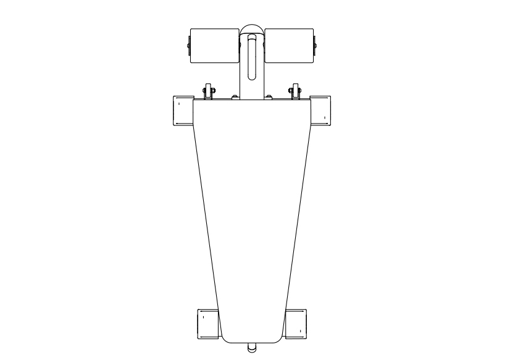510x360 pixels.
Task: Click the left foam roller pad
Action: point(214,46)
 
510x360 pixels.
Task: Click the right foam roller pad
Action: point(289,46)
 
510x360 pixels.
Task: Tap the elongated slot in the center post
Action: point(251,57)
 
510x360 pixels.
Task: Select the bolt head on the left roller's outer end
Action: point(186,44)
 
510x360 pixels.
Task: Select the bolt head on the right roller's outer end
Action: point(316,44)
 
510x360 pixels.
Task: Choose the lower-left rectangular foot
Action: point(206,323)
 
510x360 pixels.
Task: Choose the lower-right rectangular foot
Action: point(296,323)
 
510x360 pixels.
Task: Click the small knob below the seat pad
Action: point(251,348)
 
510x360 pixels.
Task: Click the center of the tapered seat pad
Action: point(251,216)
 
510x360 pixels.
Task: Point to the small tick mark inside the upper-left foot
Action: point(178,104)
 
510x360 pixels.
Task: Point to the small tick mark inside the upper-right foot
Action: point(325,117)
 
